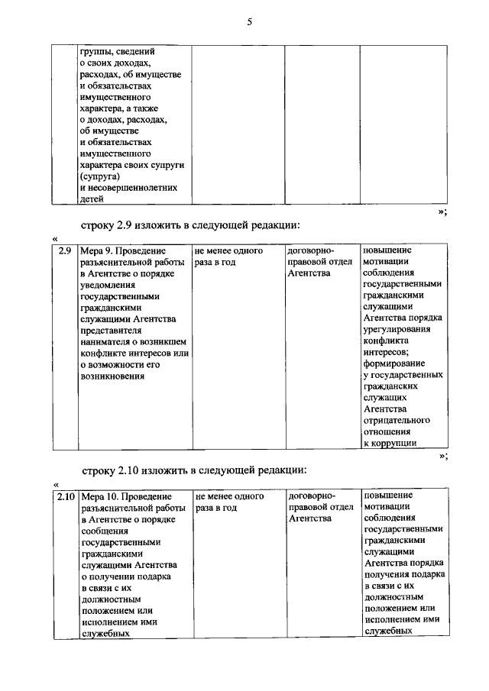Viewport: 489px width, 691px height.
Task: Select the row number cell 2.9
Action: point(65,251)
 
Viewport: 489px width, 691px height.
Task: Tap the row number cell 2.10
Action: point(65,497)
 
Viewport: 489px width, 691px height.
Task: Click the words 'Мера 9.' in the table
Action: point(97,251)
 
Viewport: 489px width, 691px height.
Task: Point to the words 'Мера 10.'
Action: point(99,497)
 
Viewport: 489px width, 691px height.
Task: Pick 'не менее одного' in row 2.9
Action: point(229,250)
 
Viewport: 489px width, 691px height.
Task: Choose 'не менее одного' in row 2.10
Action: point(229,496)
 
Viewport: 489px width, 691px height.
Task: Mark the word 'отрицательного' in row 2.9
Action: point(397,420)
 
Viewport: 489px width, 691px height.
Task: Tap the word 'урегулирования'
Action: point(397,329)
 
